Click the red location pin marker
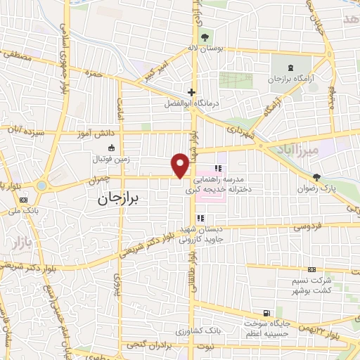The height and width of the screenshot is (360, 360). pos(181,165)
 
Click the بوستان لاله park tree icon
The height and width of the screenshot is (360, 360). pos(205,37)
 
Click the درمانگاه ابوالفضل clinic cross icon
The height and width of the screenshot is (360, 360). pos(191,92)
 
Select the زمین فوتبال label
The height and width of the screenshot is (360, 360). pos(111,160)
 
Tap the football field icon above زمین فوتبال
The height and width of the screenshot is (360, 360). pos(111,148)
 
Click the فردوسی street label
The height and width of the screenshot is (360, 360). pos(307,227)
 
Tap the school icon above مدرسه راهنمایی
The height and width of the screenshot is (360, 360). pos(219,169)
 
